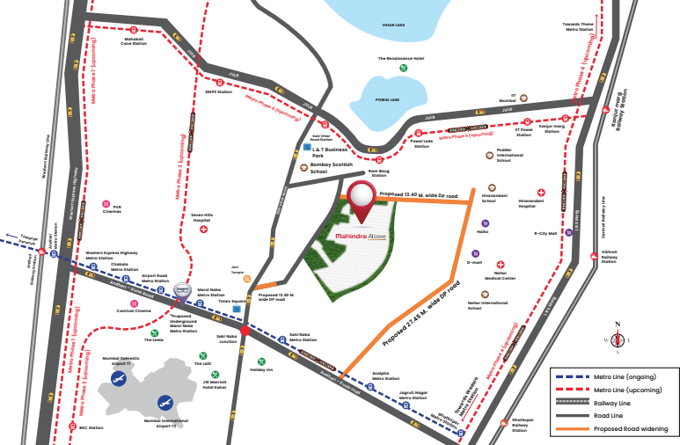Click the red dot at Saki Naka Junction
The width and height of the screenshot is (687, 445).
[245, 331]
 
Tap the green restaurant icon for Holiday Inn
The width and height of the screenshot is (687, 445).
[261, 361]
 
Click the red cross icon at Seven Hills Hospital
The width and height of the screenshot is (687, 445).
[204, 230]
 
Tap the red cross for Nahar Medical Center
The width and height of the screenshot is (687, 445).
[501, 265]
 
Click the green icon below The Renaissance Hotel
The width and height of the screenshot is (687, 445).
[403, 68]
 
